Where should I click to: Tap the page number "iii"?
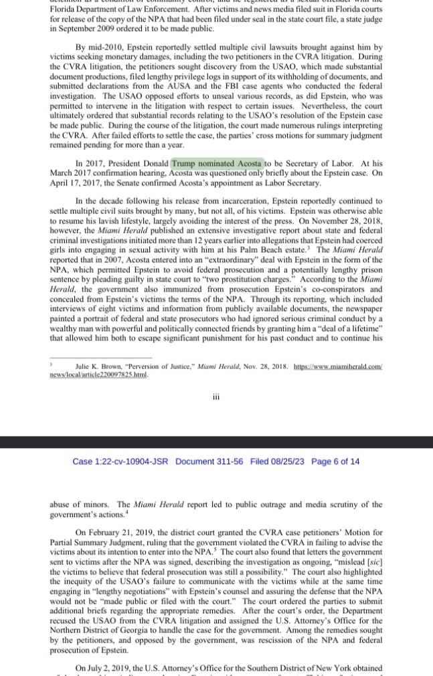click(216, 397)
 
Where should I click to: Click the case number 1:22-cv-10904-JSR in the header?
click(120, 461)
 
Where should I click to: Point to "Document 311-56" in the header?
click(210, 461)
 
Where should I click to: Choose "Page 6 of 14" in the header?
click(336, 461)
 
